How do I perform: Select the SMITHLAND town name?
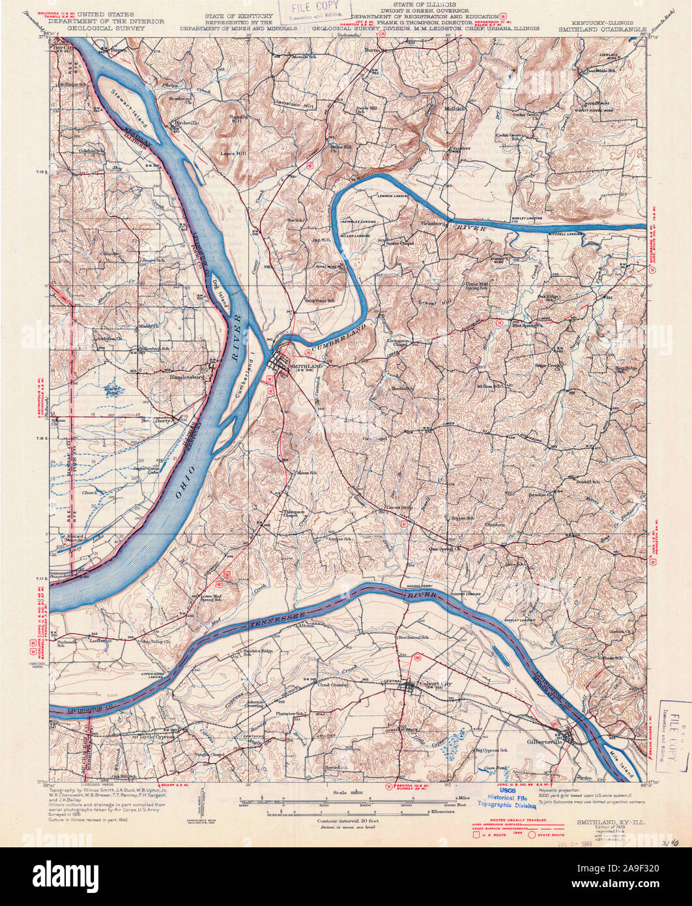pyautogui.click(x=306, y=368)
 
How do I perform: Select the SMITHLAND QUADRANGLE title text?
pyautogui.click(x=602, y=29)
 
